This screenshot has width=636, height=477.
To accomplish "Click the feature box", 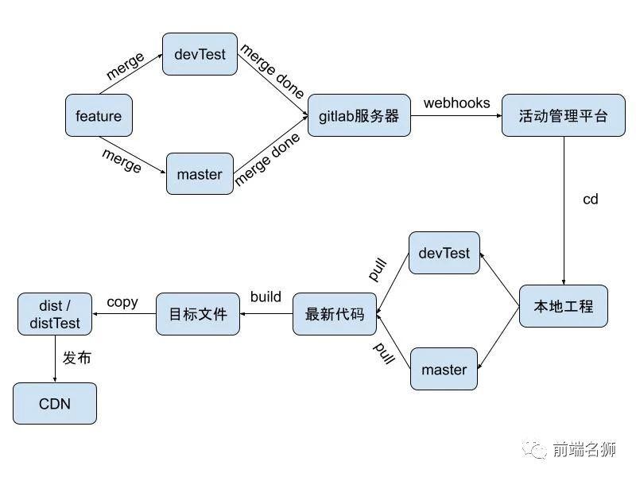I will (99, 116).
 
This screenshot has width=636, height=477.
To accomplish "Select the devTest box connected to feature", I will (200, 54).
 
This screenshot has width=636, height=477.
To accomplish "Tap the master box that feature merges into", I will (200, 173).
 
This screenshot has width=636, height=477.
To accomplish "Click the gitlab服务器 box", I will (359, 116).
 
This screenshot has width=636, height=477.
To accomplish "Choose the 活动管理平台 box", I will (563, 116).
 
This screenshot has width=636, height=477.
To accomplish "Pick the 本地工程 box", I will (563, 306).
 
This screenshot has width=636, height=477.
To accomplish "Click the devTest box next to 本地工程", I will (444, 254).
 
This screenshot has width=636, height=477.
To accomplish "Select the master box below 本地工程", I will (444, 369).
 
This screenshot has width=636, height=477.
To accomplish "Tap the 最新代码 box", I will (334, 314).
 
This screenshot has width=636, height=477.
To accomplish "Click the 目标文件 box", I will (197, 314).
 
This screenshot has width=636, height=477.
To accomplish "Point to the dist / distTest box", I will (55, 314).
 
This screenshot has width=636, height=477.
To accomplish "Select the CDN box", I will (55, 404).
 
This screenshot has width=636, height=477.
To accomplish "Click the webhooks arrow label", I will (456, 103).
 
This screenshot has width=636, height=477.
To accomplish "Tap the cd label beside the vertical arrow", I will (590, 200).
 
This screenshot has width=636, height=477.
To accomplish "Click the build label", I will (266, 297).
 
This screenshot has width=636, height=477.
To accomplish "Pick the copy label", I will (122, 302).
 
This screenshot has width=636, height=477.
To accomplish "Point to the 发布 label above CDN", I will (77, 359).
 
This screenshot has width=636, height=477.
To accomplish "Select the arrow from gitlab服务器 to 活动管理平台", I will (456, 117).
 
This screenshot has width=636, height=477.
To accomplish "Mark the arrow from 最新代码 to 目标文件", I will (266, 314).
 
